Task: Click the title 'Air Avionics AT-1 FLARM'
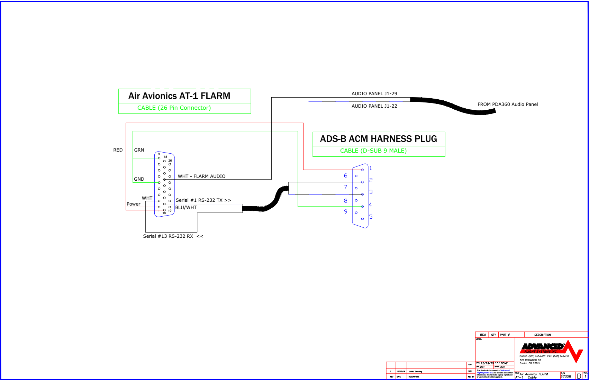tap(179, 96)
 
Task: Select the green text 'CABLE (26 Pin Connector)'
tap(174, 108)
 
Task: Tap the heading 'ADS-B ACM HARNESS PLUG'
tap(378, 139)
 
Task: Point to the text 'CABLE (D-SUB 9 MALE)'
tap(373, 151)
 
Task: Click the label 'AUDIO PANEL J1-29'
tap(374, 94)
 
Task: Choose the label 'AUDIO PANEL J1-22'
tap(374, 106)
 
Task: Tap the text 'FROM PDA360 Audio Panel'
tap(507, 105)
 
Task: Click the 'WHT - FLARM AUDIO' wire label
tap(201, 176)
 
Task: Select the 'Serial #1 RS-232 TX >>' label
tap(203, 200)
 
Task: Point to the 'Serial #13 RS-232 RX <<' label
tap(173, 236)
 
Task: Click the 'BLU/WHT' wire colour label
tap(186, 208)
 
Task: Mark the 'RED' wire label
tap(118, 150)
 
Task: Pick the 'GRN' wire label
tap(139, 150)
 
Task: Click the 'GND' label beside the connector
tap(139, 179)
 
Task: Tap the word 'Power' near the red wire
tap(134, 204)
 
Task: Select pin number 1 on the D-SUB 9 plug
tap(370, 168)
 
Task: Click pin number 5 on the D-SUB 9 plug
tap(371, 217)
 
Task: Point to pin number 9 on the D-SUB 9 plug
tap(345, 212)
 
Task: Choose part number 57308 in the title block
tap(565, 377)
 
